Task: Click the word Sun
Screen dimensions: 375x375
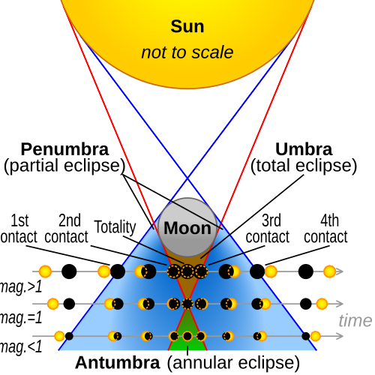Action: point(187,26)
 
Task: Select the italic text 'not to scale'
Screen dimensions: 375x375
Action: point(187,52)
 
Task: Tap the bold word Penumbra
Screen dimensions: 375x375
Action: point(64,149)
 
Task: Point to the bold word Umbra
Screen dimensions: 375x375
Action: point(304,149)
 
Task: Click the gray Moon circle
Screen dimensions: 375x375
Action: point(187,227)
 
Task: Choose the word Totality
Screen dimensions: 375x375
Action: point(115,227)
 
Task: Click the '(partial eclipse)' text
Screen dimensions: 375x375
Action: point(64,166)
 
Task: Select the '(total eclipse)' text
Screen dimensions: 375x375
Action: point(304,166)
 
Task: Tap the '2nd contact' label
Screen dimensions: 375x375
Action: point(67,228)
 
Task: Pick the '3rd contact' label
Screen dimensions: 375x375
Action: point(268,228)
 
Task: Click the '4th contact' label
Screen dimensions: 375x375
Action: point(325,228)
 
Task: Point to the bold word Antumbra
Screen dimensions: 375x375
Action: point(118,362)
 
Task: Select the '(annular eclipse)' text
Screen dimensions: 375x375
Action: point(233,363)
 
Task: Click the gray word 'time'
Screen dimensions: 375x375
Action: point(355,320)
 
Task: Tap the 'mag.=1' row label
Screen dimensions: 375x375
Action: point(21,318)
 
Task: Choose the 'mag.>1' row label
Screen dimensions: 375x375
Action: point(21,286)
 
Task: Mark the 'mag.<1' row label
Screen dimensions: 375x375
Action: point(21,346)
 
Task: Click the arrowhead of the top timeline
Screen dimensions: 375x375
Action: point(340,271)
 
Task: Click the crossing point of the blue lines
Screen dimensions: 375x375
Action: point(187,178)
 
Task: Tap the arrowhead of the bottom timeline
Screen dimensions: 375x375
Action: point(340,336)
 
